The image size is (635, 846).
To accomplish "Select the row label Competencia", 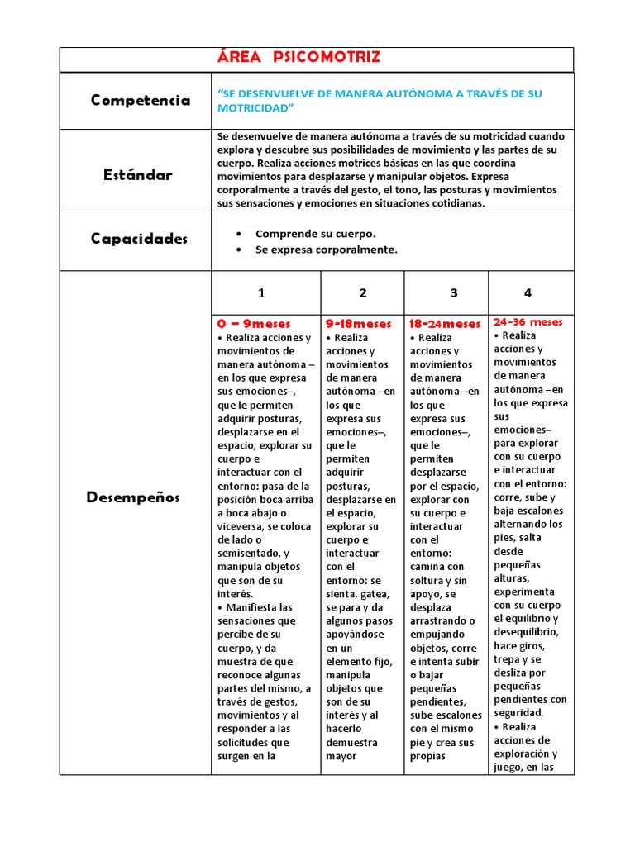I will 141,100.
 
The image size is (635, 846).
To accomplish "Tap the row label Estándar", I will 138,174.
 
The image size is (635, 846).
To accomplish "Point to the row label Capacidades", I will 140,238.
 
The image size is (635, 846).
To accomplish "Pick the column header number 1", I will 261,292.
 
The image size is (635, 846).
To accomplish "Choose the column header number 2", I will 363,292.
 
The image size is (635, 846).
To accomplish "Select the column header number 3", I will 453,292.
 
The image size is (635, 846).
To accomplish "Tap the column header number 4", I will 528,292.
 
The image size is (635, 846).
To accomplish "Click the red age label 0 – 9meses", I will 254,324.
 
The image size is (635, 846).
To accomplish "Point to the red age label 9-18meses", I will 358,324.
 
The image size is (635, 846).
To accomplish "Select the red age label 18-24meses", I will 445,324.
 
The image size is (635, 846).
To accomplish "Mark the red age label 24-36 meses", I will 528,321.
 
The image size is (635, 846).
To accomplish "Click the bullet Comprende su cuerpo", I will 315,234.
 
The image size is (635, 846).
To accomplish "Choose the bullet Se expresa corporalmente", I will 326,250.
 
